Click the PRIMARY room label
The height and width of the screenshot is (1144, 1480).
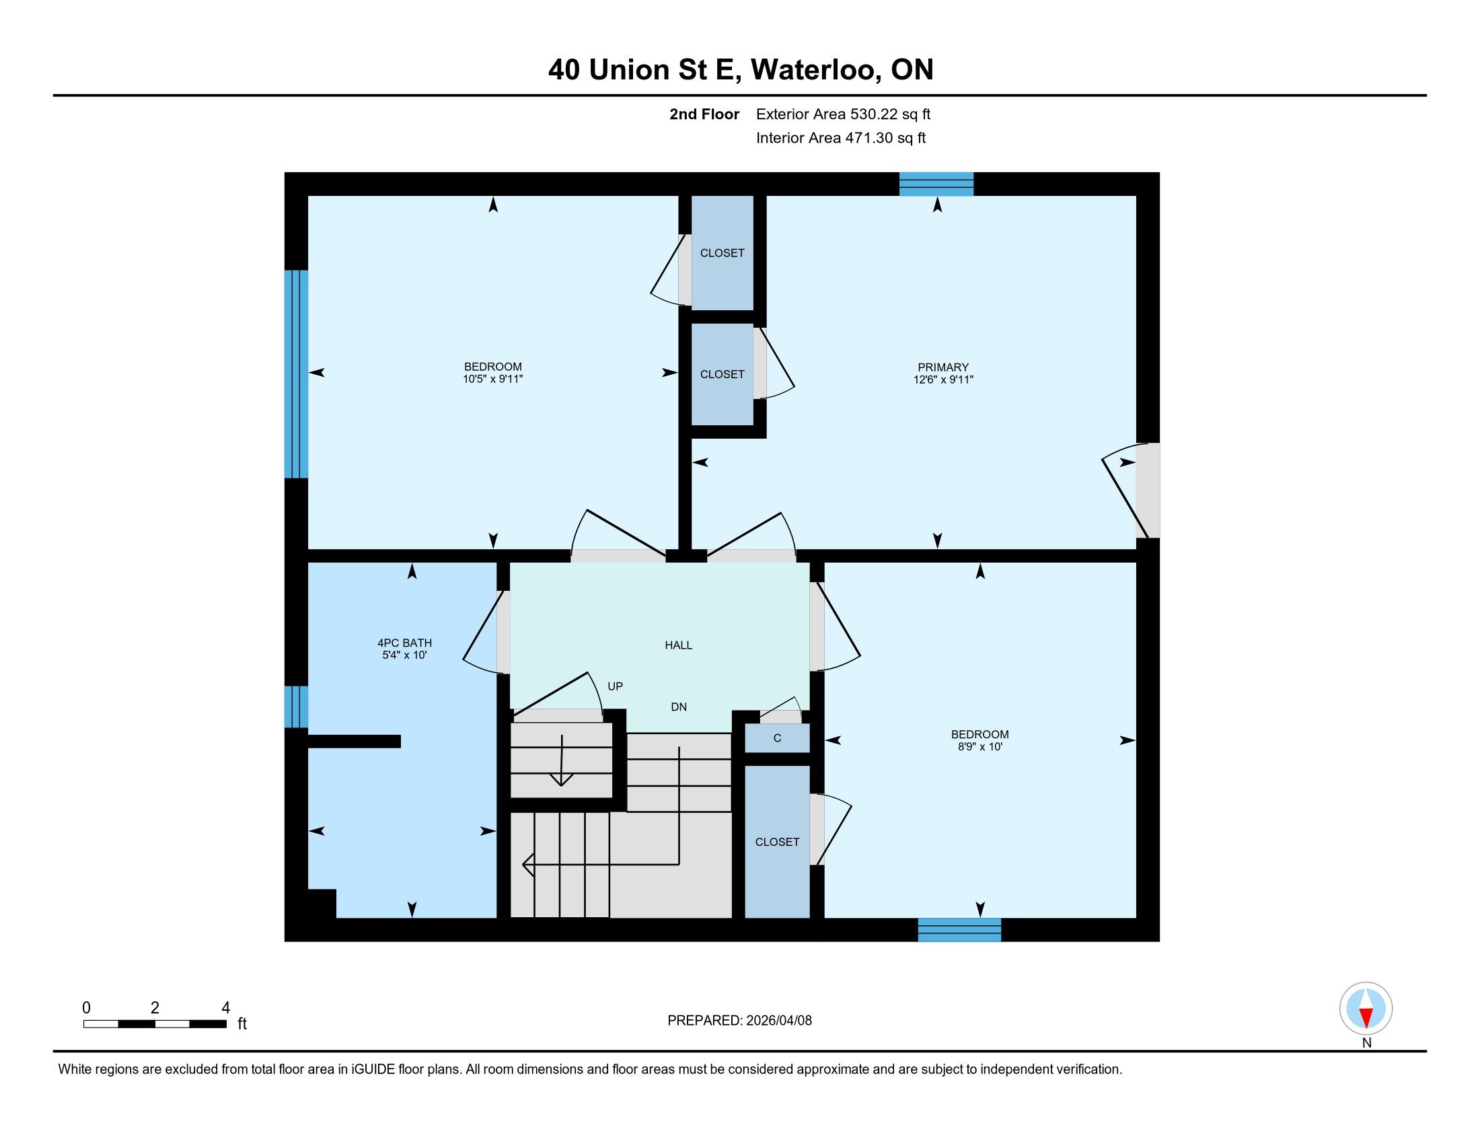tap(942, 367)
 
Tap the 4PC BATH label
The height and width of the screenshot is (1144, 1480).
tap(404, 643)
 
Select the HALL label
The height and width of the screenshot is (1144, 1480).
tap(678, 645)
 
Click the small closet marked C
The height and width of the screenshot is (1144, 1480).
tap(777, 738)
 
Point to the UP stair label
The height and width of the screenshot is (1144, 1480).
tap(615, 686)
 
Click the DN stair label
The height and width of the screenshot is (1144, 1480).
tap(678, 707)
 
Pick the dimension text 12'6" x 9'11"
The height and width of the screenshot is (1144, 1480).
tap(942, 380)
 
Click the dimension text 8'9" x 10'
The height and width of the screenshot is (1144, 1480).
tap(980, 747)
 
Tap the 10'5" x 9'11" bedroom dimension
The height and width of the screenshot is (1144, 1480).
tap(492, 379)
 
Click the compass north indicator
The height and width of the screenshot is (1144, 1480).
tap(1366, 1009)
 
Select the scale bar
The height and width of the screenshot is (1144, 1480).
tap(155, 1024)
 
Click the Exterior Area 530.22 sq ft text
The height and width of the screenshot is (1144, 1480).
tap(843, 114)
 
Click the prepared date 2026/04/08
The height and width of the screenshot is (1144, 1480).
tap(778, 1021)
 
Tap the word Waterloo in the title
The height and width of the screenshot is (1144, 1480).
tap(816, 70)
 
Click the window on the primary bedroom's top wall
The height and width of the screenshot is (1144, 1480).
tap(936, 184)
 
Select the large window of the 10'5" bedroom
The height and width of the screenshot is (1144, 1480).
tap(296, 374)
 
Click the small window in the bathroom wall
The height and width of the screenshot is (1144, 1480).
tap(296, 707)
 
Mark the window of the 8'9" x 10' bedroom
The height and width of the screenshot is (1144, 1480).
tap(959, 930)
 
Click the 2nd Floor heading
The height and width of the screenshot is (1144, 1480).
tap(704, 114)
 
